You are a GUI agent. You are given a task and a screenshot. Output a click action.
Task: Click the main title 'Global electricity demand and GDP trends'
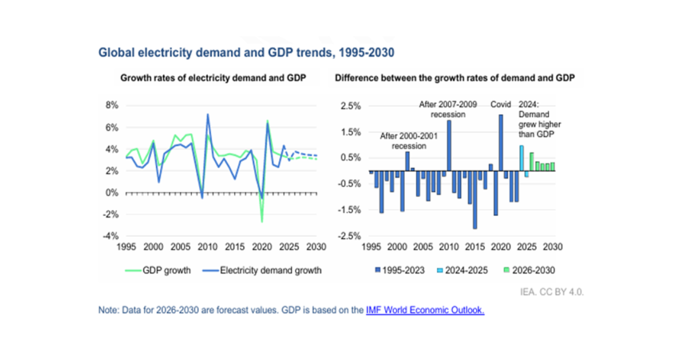(x=246, y=53)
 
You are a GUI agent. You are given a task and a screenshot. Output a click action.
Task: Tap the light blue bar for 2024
(x=521, y=158)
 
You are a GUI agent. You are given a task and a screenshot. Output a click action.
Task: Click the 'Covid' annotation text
(x=501, y=104)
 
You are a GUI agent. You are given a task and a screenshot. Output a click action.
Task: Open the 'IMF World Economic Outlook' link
(x=425, y=311)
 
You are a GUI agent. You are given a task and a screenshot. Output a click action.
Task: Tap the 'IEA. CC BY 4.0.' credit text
(x=552, y=292)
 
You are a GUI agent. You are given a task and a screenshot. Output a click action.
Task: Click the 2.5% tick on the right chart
(x=351, y=106)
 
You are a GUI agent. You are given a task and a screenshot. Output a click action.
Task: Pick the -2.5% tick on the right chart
(x=350, y=236)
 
